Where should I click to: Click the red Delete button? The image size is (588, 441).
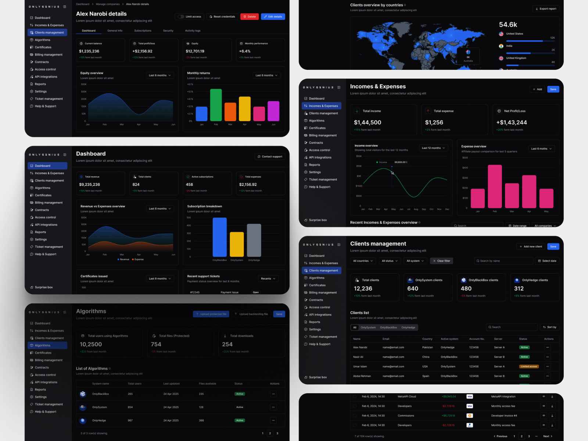tap(250, 17)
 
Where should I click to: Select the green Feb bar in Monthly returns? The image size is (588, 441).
tap(216, 105)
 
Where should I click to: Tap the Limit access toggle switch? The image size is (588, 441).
tap(180, 17)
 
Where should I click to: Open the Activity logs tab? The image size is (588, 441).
tap(193, 31)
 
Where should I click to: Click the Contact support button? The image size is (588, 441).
tap(270, 157)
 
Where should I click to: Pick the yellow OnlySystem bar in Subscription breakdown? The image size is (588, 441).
tap(237, 244)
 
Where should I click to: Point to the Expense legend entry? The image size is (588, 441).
tap(138, 259)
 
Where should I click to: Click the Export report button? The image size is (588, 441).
tap(546, 9)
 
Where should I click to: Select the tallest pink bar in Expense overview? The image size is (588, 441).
tap(495, 187)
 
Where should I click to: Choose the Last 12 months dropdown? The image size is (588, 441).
tap(433, 148)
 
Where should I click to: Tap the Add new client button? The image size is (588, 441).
tap(531, 247)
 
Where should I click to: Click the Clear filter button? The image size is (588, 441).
tap(441, 261)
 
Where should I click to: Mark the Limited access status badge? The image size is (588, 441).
tap(529, 366)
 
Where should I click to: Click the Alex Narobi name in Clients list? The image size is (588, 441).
tap(360, 347)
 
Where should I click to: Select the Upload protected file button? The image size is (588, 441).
tap(211, 314)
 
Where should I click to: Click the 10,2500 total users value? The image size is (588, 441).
tap(91, 344)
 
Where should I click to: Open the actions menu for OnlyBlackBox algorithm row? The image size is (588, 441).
tap(273, 394)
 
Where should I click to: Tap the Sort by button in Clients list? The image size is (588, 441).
tap(550, 327)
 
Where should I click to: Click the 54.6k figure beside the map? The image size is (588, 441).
tap(508, 25)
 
